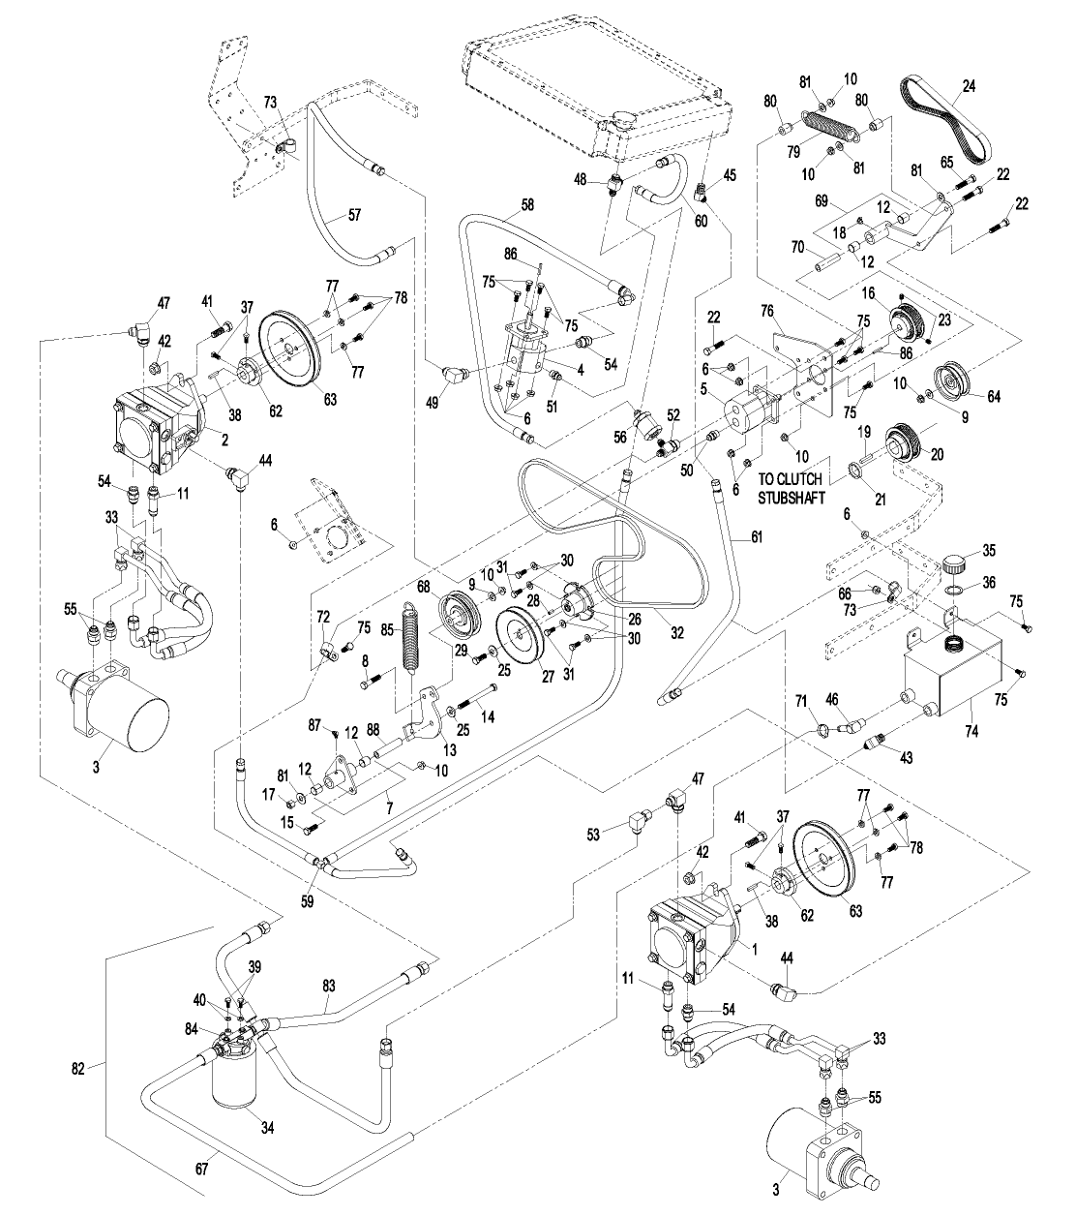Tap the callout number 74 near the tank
click(x=971, y=730)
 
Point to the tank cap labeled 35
click(x=954, y=564)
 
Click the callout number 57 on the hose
click(x=354, y=214)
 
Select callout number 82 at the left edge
click(x=78, y=1068)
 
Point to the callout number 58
click(x=526, y=204)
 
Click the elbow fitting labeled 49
click(x=454, y=376)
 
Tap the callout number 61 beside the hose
click(x=757, y=536)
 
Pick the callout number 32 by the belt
click(x=677, y=632)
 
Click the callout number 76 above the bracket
click(x=767, y=311)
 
